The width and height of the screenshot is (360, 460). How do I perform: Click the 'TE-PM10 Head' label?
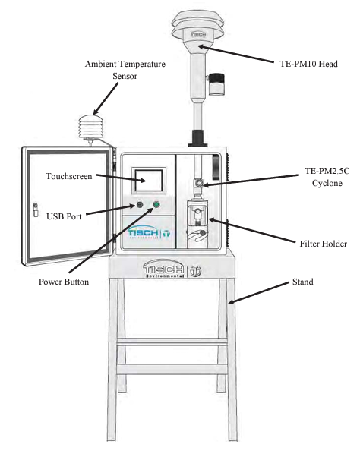(308, 64)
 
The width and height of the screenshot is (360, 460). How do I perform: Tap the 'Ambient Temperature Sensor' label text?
(125, 70)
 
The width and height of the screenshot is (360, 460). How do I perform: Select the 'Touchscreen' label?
(69, 176)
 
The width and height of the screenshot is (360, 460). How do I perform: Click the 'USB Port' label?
(64, 216)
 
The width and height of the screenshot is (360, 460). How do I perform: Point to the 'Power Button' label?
(64, 282)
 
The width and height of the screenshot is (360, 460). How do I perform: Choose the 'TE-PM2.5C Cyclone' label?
(327, 177)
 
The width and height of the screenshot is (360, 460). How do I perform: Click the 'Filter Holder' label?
(324, 244)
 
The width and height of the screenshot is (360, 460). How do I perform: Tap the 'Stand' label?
(303, 282)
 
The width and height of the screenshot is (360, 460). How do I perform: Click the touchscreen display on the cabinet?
(149, 181)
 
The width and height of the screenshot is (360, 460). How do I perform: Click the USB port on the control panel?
(140, 204)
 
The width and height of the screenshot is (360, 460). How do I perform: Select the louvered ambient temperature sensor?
(91, 128)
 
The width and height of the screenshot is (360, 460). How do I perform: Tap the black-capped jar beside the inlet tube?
(216, 84)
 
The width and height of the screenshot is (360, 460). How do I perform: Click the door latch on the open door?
(36, 210)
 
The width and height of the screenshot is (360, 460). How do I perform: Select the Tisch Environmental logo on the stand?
(172, 269)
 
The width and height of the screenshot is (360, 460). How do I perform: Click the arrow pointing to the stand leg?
(259, 293)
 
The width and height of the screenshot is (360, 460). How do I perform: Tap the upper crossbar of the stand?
(172, 342)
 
